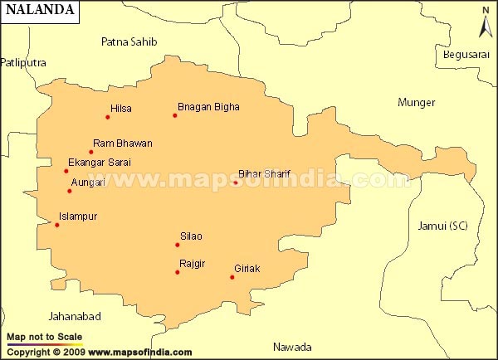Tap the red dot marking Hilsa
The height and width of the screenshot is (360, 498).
107,117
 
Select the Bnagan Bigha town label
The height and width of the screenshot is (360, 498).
208,107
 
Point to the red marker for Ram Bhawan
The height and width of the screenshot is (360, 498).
91,152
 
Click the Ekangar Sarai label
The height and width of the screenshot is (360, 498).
100,163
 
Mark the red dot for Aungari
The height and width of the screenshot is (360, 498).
70,191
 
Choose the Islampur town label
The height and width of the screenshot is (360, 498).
78,216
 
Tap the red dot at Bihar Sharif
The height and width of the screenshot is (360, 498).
235,182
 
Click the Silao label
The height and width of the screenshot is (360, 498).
191,236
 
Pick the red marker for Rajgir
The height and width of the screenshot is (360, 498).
178,272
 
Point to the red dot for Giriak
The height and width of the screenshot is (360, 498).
232,277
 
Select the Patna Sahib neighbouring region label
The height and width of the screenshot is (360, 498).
129,41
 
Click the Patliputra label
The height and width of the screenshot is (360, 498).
23,62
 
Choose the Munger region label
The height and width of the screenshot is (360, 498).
416,103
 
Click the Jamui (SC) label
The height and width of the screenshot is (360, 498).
442,226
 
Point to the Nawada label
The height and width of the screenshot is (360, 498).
292,347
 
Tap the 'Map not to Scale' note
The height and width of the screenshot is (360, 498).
44,337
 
